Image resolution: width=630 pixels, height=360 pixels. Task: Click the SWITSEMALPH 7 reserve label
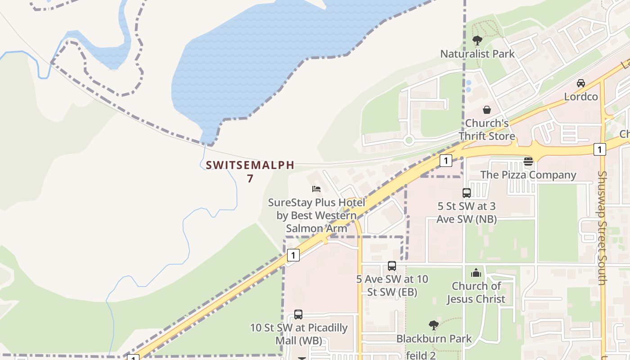(x=250, y=171)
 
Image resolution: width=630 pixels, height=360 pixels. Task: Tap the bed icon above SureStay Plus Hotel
(x=316, y=189)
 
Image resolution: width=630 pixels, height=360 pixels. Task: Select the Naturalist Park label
(x=477, y=54)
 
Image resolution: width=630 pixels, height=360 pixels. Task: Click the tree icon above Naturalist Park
(x=477, y=40)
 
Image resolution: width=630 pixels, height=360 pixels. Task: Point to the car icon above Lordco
(x=581, y=83)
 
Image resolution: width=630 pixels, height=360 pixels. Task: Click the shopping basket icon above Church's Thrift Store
(x=487, y=110)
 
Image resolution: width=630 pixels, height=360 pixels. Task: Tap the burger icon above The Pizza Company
(x=528, y=162)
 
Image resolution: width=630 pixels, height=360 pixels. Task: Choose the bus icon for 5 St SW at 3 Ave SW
(x=467, y=193)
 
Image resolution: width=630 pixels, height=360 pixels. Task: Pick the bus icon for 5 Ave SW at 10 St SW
(x=392, y=266)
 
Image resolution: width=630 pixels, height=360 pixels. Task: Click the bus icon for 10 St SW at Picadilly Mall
(x=298, y=315)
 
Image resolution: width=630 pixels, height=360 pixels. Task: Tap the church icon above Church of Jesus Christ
(x=476, y=273)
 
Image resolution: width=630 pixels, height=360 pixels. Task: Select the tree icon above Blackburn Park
(x=434, y=325)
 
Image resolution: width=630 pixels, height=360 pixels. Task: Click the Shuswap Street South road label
(x=603, y=227)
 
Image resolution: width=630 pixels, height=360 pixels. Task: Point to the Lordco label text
(x=581, y=97)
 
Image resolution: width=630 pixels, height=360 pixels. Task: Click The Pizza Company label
(x=528, y=175)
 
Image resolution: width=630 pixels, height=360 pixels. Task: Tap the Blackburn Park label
(x=434, y=338)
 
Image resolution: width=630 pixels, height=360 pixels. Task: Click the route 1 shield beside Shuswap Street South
(x=599, y=149)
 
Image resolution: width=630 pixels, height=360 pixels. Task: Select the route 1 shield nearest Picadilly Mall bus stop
(x=293, y=256)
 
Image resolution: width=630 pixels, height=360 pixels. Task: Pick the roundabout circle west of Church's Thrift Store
(x=409, y=140)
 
